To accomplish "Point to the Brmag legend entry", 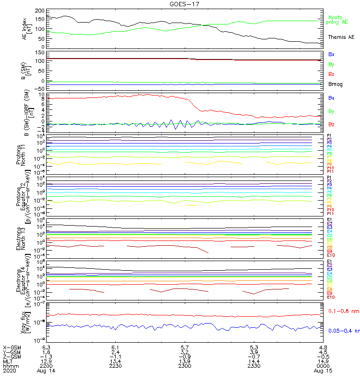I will coord(335,84).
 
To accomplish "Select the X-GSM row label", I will coord(12,347).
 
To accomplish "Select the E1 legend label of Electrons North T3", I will coord(330,220).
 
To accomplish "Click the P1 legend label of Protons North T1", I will coord(329,136).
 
